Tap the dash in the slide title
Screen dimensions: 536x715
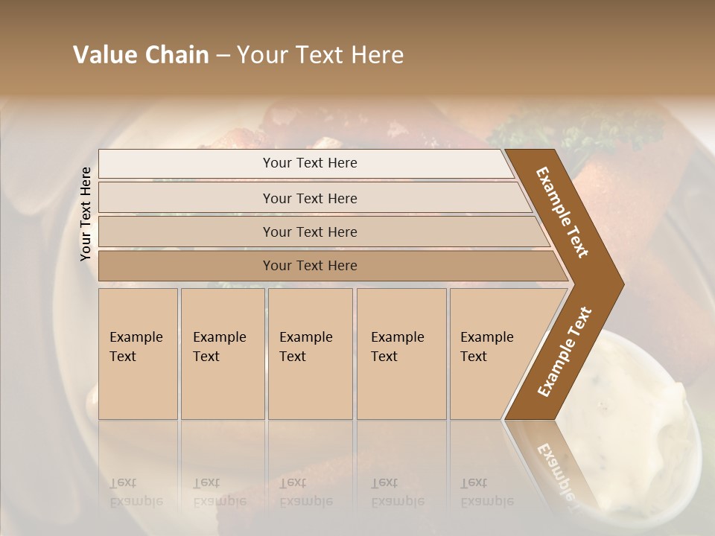[x=223, y=56]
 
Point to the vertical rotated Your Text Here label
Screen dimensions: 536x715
[x=86, y=214]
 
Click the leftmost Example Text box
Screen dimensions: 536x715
[x=138, y=354]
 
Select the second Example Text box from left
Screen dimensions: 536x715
[x=222, y=354]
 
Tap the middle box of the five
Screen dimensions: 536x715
[x=310, y=354]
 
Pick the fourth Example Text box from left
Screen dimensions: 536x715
[x=401, y=354]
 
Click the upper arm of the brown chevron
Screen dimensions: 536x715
[x=563, y=212]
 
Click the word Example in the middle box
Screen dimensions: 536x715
[x=305, y=337]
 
